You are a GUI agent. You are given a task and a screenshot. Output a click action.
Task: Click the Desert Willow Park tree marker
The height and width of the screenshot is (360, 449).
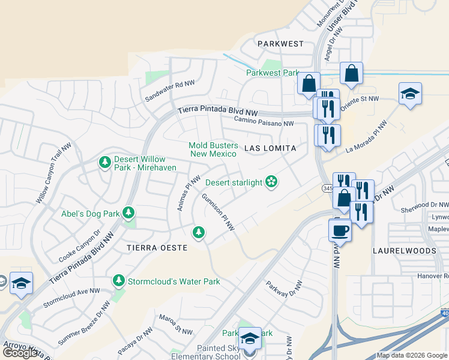[x=105, y=162]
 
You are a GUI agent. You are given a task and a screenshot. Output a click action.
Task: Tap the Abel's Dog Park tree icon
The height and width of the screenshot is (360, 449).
[x=128, y=212]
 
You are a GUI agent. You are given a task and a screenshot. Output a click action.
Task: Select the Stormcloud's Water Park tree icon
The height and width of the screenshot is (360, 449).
[x=119, y=281]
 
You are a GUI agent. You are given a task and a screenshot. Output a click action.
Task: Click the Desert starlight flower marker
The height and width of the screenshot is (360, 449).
[x=271, y=182]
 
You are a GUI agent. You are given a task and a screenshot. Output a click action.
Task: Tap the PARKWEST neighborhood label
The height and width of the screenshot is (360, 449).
[x=280, y=44]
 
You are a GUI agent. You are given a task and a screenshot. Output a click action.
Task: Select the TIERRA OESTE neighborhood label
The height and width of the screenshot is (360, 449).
[x=157, y=247]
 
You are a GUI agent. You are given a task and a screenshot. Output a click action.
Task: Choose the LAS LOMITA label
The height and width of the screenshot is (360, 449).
[x=270, y=148]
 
